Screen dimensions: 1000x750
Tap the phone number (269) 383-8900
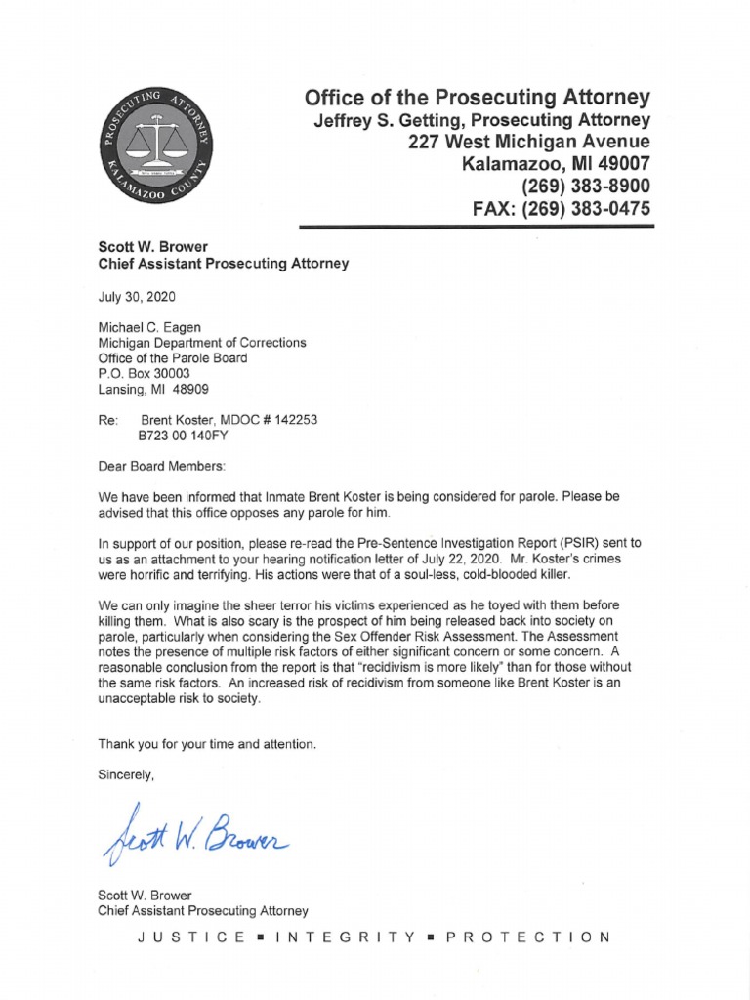(576, 186)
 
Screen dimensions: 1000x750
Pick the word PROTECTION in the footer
(528, 937)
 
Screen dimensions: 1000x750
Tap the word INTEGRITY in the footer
(347, 937)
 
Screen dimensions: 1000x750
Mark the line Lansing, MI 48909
(154, 390)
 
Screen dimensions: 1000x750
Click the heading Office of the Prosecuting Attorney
(477, 97)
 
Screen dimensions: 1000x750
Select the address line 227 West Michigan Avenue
(529, 141)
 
